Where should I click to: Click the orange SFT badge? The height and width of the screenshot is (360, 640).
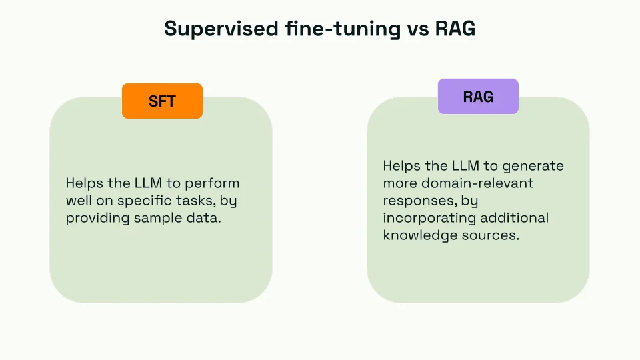click(x=162, y=101)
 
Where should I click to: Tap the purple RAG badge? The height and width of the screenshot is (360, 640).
click(x=478, y=97)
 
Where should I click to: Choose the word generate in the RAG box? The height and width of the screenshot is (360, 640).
click(x=533, y=165)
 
